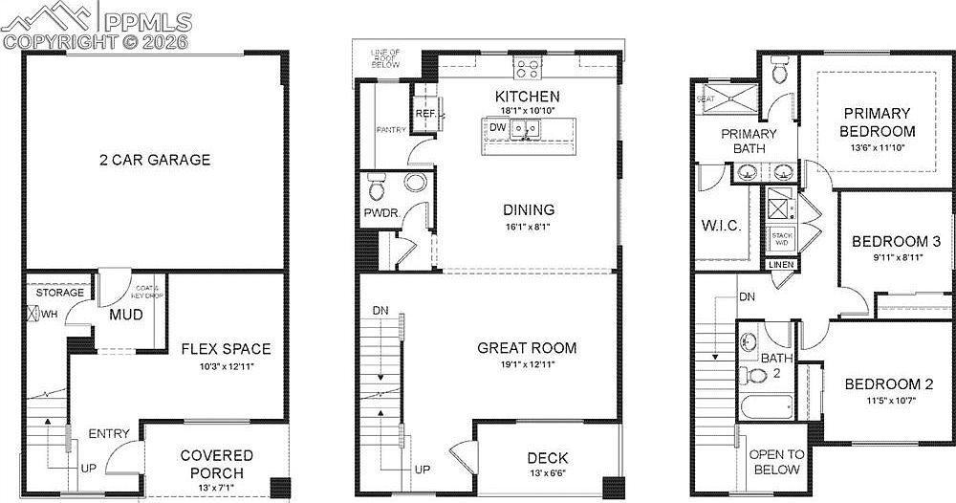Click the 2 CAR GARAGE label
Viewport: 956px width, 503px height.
click(155, 160)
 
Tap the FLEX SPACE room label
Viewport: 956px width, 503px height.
click(226, 349)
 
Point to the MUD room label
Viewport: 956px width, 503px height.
click(126, 315)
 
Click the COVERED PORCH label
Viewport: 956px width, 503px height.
click(217, 464)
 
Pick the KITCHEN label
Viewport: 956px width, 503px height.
click(527, 97)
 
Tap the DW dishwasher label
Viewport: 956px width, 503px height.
click(496, 127)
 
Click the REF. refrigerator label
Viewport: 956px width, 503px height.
click(425, 115)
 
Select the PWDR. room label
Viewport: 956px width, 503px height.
click(380, 212)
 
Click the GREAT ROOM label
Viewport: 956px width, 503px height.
click(527, 348)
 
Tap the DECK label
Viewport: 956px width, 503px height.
click(547, 458)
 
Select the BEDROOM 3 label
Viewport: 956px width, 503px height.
click(890, 241)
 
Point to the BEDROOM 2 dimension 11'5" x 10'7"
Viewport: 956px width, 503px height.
click(889, 402)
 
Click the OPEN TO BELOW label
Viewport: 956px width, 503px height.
click(775, 462)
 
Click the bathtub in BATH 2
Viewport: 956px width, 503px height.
click(766, 405)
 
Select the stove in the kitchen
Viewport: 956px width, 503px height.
click(527, 68)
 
